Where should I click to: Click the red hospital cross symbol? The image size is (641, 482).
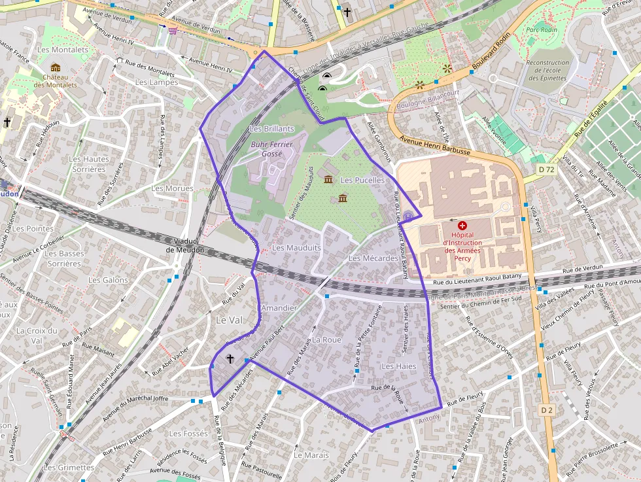(x=462, y=224)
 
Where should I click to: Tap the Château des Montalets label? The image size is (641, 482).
(x=56, y=80)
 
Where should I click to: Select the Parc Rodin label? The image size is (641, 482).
(x=540, y=29)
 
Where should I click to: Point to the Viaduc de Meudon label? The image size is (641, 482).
(x=184, y=245)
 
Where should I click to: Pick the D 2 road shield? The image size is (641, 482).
(x=547, y=409)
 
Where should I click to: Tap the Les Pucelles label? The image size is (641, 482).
(x=362, y=180)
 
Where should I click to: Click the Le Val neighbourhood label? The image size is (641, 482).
(x=229, y=320)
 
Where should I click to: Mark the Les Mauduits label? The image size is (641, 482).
(x=296, y=248)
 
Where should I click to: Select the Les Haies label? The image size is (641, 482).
(x=398, y=366)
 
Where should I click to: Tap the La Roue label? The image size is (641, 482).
(x=327, y=340)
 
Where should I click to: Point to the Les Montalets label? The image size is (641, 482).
(x=63, y=50)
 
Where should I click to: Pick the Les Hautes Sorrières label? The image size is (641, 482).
(x=89, y=164)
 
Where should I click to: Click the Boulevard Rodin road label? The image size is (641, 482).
(x=485, y=56)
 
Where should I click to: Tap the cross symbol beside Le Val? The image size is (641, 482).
(x=230, y=359)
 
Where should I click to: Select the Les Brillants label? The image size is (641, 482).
(x=272, y=129)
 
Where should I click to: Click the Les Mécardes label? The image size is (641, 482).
(x=373, y=258)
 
